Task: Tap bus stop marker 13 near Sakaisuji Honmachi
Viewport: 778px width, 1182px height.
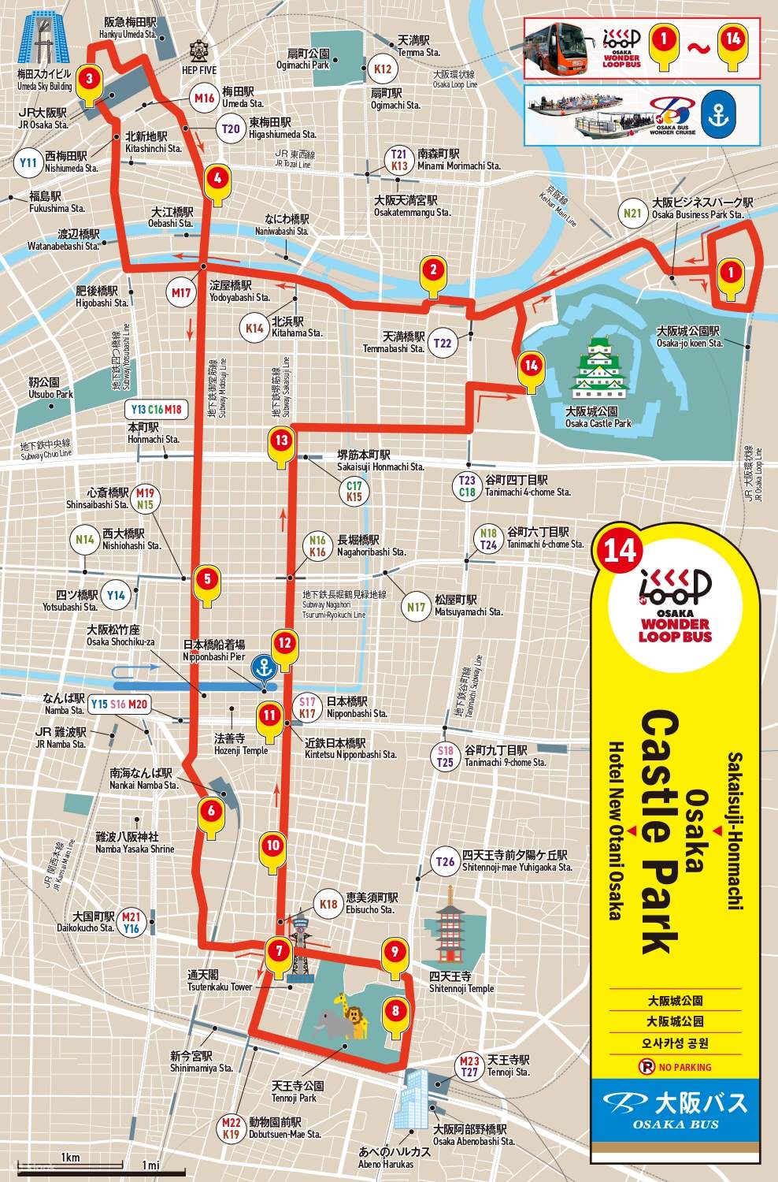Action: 282,441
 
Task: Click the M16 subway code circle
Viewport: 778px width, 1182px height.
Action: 205,99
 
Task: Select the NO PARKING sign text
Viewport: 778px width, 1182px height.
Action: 676,1067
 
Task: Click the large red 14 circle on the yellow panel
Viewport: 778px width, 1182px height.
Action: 620,549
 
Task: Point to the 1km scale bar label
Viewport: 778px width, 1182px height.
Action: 70,1158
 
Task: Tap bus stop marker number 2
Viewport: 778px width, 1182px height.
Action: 432,271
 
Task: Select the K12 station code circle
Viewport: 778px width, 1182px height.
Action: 382,69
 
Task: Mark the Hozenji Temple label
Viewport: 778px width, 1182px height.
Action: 241,745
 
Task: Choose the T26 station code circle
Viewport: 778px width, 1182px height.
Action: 446,861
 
